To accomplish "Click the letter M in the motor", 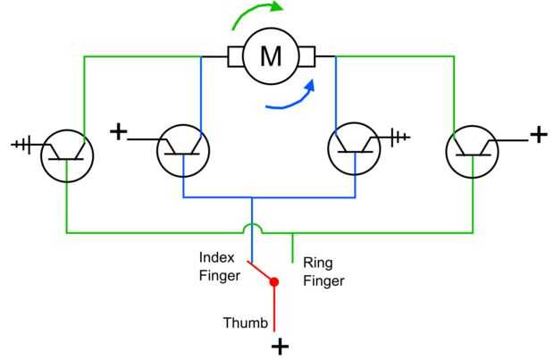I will point(270,57).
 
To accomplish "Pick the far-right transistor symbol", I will point(472,153).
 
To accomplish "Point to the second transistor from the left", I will point(183,151).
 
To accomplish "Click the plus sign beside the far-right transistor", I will point(538,135).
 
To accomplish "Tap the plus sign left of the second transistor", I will point(118,132).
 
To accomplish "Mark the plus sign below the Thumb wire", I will point(280,347).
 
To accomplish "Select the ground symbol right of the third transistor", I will point(400,137).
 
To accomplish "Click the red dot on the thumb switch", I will point(274,282).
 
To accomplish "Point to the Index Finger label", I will point(219,267).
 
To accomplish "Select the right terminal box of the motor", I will point(305,57).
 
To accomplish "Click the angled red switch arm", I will point(261,272).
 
